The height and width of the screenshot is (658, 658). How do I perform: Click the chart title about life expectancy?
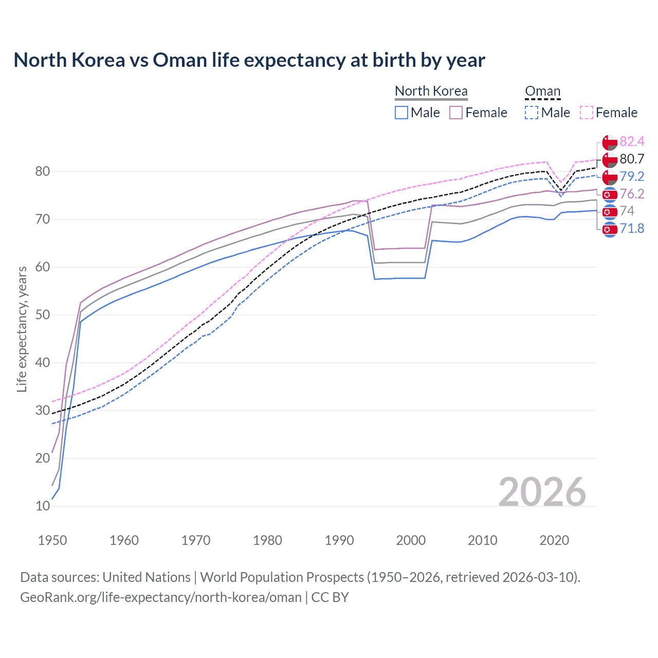click(249, 60)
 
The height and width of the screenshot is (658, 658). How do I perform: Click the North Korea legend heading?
click(431, 91)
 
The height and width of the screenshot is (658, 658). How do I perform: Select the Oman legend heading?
click(542, 91)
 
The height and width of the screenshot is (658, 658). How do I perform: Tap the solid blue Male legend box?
click(401, 113)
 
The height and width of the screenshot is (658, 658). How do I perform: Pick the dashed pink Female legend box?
click(587, 113)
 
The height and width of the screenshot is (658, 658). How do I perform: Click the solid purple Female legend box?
click(456, 113)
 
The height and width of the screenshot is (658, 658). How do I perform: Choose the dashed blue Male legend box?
click(532, 113)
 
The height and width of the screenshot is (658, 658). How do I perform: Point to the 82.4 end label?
click(632, 141)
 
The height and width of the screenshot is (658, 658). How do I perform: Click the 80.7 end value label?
click(632, 159)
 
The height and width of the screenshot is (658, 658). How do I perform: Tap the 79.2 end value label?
click(632, 176)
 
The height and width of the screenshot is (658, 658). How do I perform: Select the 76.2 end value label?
click(632, 194)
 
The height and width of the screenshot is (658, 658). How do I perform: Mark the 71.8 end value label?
click(632, 228)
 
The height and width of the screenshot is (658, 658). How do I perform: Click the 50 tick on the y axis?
click(43, 315)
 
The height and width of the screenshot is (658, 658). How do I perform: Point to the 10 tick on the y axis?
click(43, 506)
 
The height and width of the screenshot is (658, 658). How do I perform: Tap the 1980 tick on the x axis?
click(267, 540)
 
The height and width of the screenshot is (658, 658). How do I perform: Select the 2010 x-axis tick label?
click(482, 540)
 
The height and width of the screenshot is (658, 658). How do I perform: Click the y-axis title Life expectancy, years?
click(22, 329)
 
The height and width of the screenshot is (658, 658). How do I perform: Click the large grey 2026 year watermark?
click(542, 492)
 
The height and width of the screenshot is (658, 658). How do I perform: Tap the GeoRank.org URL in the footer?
click(161, 597)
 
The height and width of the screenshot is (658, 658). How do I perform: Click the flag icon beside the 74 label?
click(609, 211)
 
